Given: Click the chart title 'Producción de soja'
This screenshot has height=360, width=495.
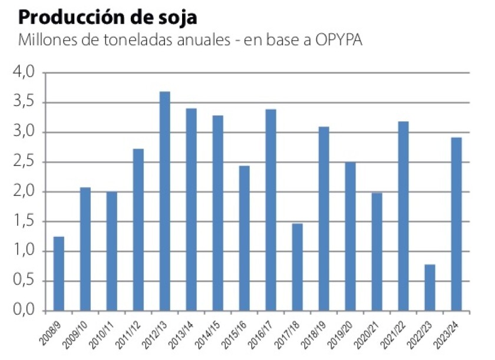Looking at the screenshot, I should pos(107,17).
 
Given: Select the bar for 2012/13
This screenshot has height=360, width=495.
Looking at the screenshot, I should pos(165,201).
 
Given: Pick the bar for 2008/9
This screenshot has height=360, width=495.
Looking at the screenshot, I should pos(59,273).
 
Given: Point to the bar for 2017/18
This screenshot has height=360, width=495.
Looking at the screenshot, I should pos(298,267).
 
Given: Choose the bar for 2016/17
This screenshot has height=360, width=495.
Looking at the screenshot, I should pos(271,210).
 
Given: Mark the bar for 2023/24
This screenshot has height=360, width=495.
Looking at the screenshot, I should pos(457,224).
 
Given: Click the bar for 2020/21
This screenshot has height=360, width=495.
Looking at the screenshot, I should pos(377,252).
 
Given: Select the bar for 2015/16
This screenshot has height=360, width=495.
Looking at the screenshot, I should pos(245,238).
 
